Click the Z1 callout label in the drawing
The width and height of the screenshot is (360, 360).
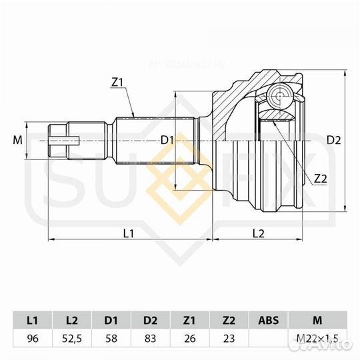point(119,83)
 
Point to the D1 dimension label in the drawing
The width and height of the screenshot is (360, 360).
point(167,140)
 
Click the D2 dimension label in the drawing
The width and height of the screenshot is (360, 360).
point(334,140)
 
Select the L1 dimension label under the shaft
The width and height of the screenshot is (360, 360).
point(129,233)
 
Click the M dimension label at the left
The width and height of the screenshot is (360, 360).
point(17,140)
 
